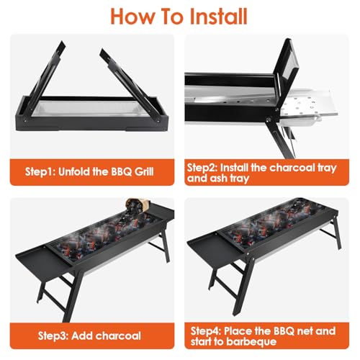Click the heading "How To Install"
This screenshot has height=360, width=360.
point(179,16)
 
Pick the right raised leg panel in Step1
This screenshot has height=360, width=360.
point(132,71)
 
